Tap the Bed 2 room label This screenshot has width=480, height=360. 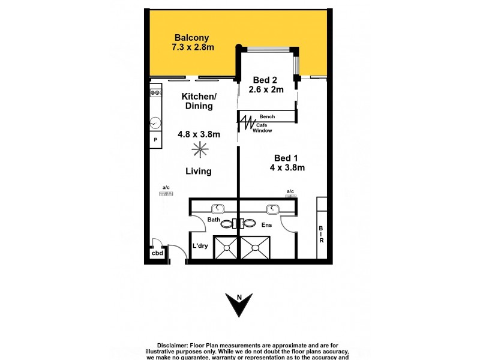(264, 80)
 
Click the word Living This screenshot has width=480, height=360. (198, 171)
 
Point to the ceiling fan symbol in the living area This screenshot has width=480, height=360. (198, 149)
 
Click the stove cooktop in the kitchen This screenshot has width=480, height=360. (155, 93)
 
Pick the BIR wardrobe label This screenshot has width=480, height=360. (322, 234)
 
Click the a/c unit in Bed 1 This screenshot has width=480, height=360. (290, 193)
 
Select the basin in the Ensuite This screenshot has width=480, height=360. (272, 208)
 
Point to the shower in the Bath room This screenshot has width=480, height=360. (224, 247)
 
